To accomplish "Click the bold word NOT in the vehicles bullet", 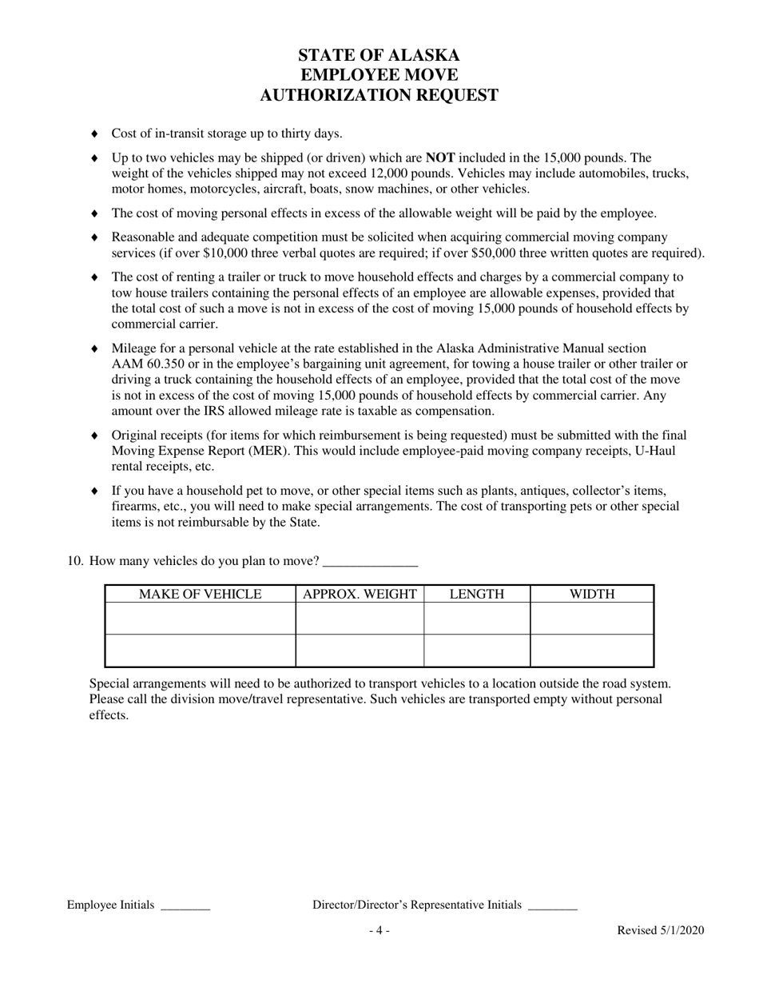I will [x=440, y=158].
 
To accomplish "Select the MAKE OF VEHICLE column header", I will [x=200, y=594].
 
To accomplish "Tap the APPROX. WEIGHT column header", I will [x=360, y=594].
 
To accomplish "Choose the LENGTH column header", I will [x=477, y=594].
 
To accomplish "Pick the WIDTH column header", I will [x=592, y=594].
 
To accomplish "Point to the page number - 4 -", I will [x=379, y=930].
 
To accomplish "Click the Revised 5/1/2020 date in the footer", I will [x=660, y=930].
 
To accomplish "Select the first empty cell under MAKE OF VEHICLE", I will [x=200, y=619].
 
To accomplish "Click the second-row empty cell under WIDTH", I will [x=592, y=651].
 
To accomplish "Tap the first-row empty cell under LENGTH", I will [x=477, y=619].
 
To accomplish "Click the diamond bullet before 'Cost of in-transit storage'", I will [x=95, y=133].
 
